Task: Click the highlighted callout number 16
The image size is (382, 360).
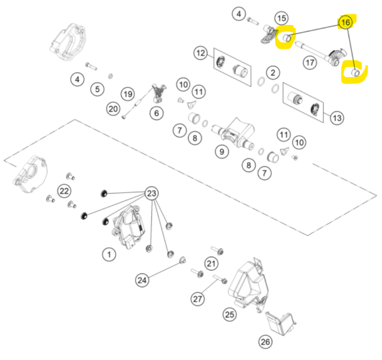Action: click(345, 22)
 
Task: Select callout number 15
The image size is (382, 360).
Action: click(282, 18)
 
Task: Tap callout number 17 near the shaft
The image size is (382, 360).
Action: click(310, 63)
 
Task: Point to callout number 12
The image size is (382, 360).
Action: click(201, 53)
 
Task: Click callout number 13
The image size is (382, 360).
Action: click(337, 118)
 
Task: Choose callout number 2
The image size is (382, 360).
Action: click(273, 73)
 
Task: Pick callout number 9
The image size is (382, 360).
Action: click(222, 152)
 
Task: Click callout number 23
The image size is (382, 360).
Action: click(151, 193)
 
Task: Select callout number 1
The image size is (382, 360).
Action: click(109, 254)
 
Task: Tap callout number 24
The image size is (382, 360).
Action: click(142, 280)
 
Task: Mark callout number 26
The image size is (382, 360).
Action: click(265, 342)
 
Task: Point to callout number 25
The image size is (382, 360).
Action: click(230, 315)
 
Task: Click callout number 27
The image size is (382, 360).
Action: click(198, 299)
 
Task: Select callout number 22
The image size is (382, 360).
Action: click(64, 191)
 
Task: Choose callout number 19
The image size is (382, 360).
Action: click(128, 94)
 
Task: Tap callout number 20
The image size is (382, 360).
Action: click(113, 109)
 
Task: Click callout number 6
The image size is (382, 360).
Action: click(157, 113)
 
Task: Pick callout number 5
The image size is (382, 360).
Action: click(97, 89)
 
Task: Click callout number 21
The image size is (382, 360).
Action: click(211, 263)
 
